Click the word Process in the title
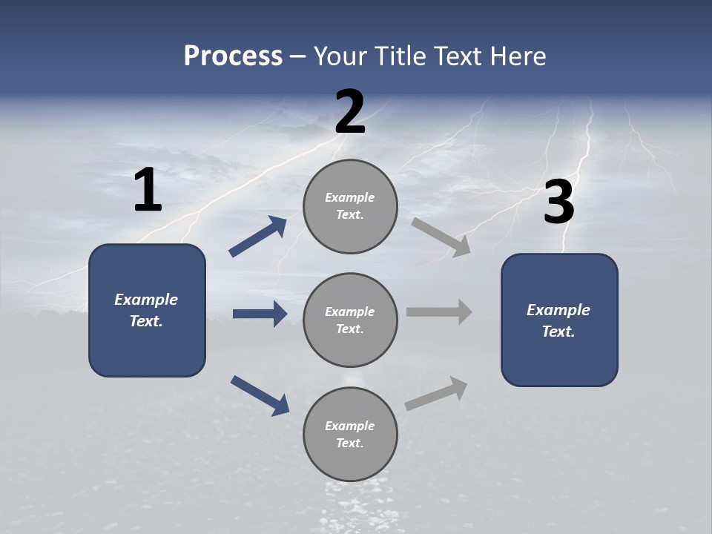233,56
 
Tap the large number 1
148,191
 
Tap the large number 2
350,113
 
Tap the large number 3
558,203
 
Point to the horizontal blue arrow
260,314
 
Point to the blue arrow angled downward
260,395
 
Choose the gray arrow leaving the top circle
441,237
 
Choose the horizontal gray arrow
439,311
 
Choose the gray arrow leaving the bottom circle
436,394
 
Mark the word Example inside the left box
146,300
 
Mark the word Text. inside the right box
558,332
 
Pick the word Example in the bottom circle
350,426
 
